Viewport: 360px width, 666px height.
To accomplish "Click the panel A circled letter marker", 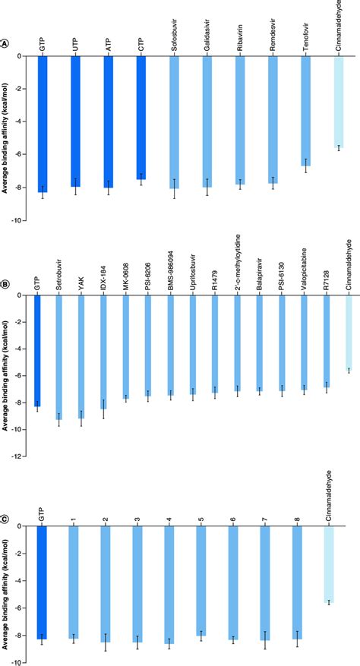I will click(5, 46).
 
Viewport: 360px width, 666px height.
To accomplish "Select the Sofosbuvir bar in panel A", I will click(174, 122).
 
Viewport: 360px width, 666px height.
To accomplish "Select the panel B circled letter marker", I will click(5, 285).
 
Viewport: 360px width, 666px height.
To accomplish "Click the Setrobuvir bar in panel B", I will click(59, 357).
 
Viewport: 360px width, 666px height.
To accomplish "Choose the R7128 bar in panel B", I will click(327, 342).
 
